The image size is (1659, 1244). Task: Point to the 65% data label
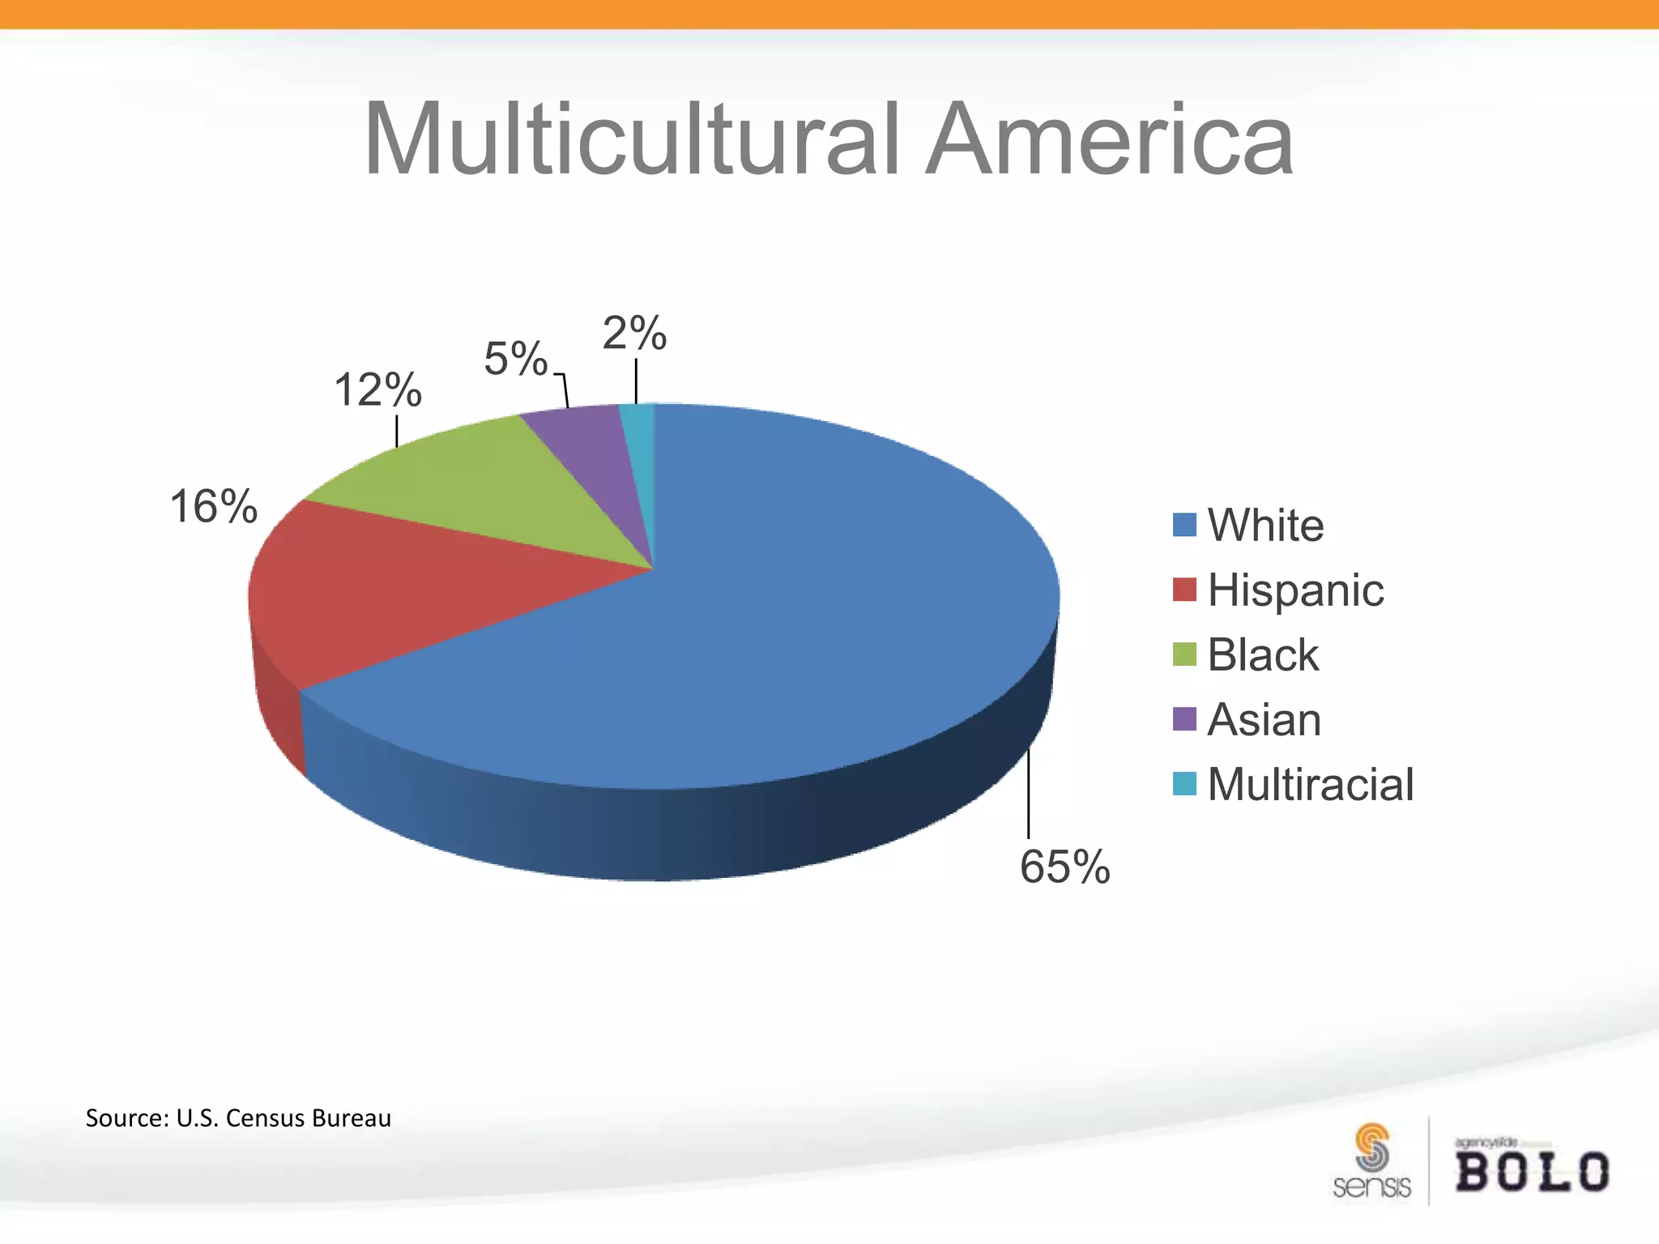point(1064,867)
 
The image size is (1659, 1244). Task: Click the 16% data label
point(213,508)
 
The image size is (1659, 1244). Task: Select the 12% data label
point(377,390)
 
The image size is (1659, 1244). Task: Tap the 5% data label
point(516,359)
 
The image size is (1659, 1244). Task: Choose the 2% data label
point(634,333)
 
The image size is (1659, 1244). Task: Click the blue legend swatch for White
point(1184,525)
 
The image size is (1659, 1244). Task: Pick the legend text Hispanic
point(1295,590)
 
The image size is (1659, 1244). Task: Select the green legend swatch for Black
point(1184,654)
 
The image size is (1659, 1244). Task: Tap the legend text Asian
point(1264,719)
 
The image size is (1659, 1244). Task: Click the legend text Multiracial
point(1310,784)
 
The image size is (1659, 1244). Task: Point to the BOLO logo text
point(1532,1171)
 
